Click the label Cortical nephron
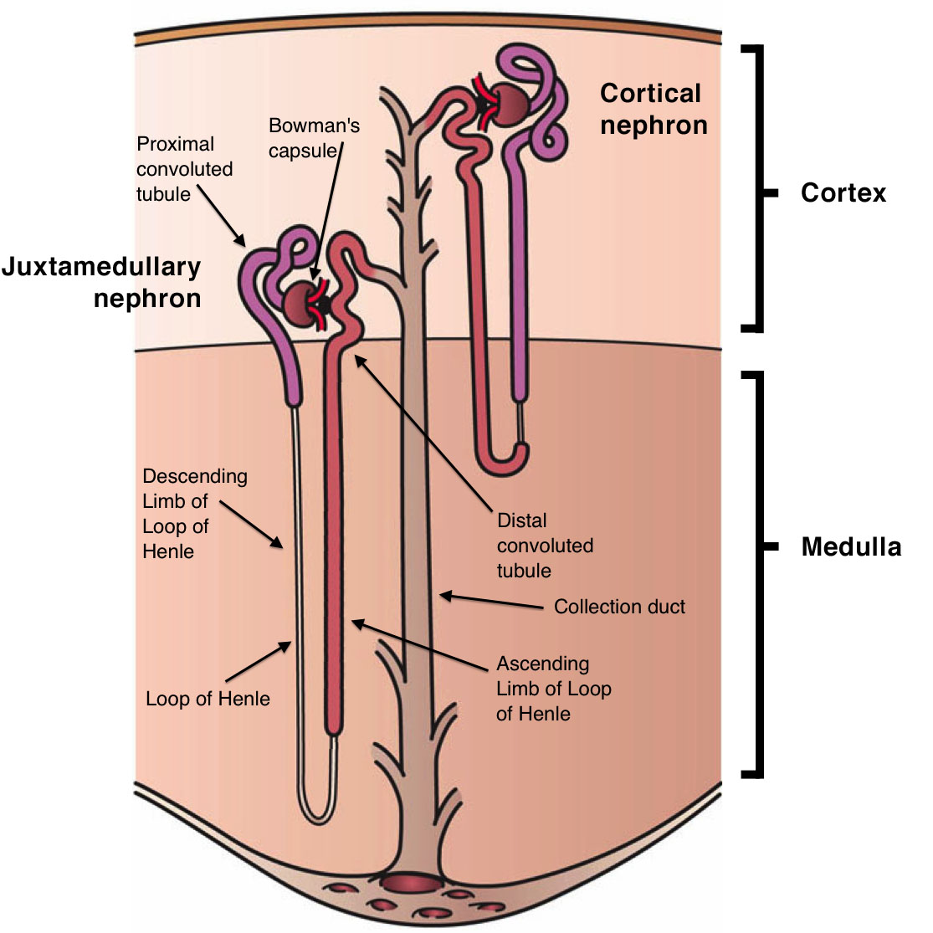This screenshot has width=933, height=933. [x=653, y=109]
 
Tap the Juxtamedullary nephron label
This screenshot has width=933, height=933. [x=102, y=283]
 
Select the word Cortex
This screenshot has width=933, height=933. [x=843, y=193]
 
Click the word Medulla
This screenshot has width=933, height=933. [x=851, y=547]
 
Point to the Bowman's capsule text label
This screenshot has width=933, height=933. [x=314, y=138]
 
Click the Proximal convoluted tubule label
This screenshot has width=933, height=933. [x=184, y=169]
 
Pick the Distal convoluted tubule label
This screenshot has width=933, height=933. [x=545, y=546]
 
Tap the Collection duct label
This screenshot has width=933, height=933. [x=619, y=607]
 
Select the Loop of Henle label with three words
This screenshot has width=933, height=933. [x=208, y=699]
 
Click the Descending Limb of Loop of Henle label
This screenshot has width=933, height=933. [x=195, y=514]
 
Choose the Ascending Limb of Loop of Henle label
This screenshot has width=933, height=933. [x=553, y=689]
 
